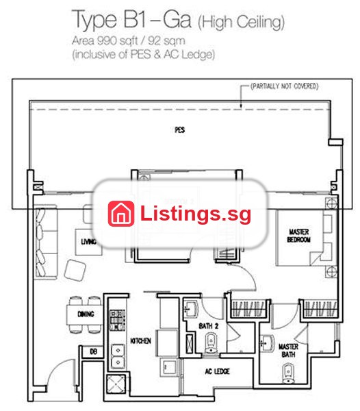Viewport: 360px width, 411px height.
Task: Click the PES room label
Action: pos(179,129)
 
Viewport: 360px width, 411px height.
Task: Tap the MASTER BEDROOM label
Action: pos(298,236)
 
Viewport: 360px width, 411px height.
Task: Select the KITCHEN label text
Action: pos(140,340)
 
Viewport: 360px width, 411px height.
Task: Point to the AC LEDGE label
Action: pos(218,371)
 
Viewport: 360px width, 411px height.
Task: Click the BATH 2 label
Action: pos(209,326)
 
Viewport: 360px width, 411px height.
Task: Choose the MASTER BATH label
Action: pos(288,351)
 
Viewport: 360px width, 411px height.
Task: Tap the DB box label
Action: pos(93,351)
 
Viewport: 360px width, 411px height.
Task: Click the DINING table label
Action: pos(86,314)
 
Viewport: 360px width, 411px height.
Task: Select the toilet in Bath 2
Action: pos(211,342)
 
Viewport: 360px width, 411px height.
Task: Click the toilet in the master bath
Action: pos(288,373)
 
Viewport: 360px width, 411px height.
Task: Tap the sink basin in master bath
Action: pos(267,343)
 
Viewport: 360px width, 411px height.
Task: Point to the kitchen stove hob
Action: pos(116,320)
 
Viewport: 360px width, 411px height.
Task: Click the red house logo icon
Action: pos(121,213)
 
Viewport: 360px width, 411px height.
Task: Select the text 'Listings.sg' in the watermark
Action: pos(196,214)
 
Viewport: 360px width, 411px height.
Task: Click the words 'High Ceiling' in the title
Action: pos(241,22)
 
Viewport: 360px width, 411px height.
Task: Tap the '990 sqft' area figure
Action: pos(118,41)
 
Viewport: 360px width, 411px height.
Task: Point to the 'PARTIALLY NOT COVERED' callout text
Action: pos(285,86)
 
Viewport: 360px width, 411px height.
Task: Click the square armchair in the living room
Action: pos(75,271)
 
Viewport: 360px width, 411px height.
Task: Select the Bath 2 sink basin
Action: pos(191,310)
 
